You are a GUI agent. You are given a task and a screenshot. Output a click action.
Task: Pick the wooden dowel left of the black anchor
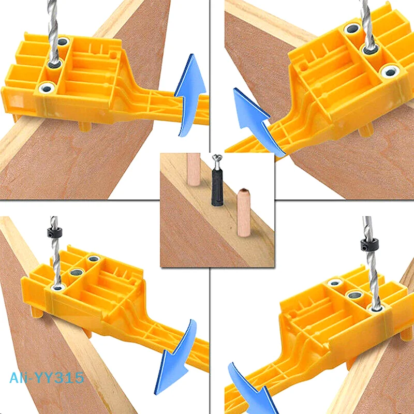(x=193, y=168)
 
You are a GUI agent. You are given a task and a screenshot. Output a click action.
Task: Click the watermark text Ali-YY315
(x=47, y=378)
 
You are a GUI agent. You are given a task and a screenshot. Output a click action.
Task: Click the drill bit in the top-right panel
(x=366, y=26)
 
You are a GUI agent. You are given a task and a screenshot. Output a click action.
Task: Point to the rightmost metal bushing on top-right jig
(x=390, y=71)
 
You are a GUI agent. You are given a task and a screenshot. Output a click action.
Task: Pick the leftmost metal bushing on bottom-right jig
(x=334, y=283)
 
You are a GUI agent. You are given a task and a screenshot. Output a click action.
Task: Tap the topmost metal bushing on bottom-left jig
(x=94, y=258)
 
